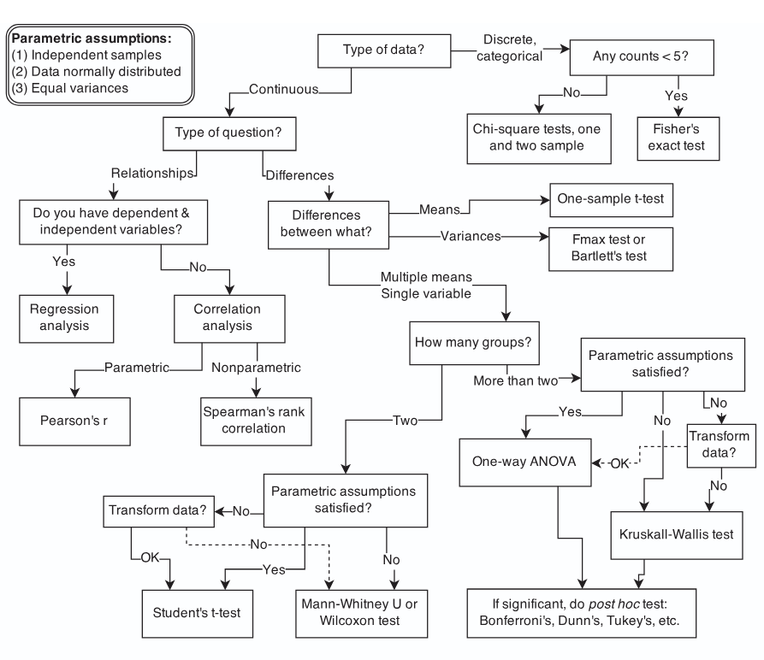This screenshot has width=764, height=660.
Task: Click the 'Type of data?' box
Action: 384,50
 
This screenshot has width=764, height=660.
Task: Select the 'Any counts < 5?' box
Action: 642,57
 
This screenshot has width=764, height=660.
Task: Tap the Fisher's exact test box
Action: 678,138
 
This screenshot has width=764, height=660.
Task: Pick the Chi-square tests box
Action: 539,138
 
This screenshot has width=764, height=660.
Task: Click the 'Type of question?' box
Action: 229,133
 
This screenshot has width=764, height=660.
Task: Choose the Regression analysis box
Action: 66,319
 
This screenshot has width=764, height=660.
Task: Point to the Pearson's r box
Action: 74,421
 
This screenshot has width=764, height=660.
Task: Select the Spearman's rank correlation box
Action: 256,421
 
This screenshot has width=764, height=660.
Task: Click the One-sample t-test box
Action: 611,200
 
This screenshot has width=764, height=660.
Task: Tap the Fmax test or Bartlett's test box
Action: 611,249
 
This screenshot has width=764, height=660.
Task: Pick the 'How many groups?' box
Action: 474,343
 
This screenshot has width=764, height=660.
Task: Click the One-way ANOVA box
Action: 525,463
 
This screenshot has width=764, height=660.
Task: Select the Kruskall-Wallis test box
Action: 676,535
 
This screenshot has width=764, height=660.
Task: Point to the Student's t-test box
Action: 198,614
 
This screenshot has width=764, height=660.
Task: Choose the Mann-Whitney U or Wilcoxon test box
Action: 362,614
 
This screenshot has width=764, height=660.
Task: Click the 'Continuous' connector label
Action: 283,90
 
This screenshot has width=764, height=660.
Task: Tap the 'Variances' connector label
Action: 471,237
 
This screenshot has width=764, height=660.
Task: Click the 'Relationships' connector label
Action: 152,174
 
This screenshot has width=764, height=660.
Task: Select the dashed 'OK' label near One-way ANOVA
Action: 619,463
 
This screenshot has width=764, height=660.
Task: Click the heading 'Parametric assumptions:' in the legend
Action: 92,38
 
